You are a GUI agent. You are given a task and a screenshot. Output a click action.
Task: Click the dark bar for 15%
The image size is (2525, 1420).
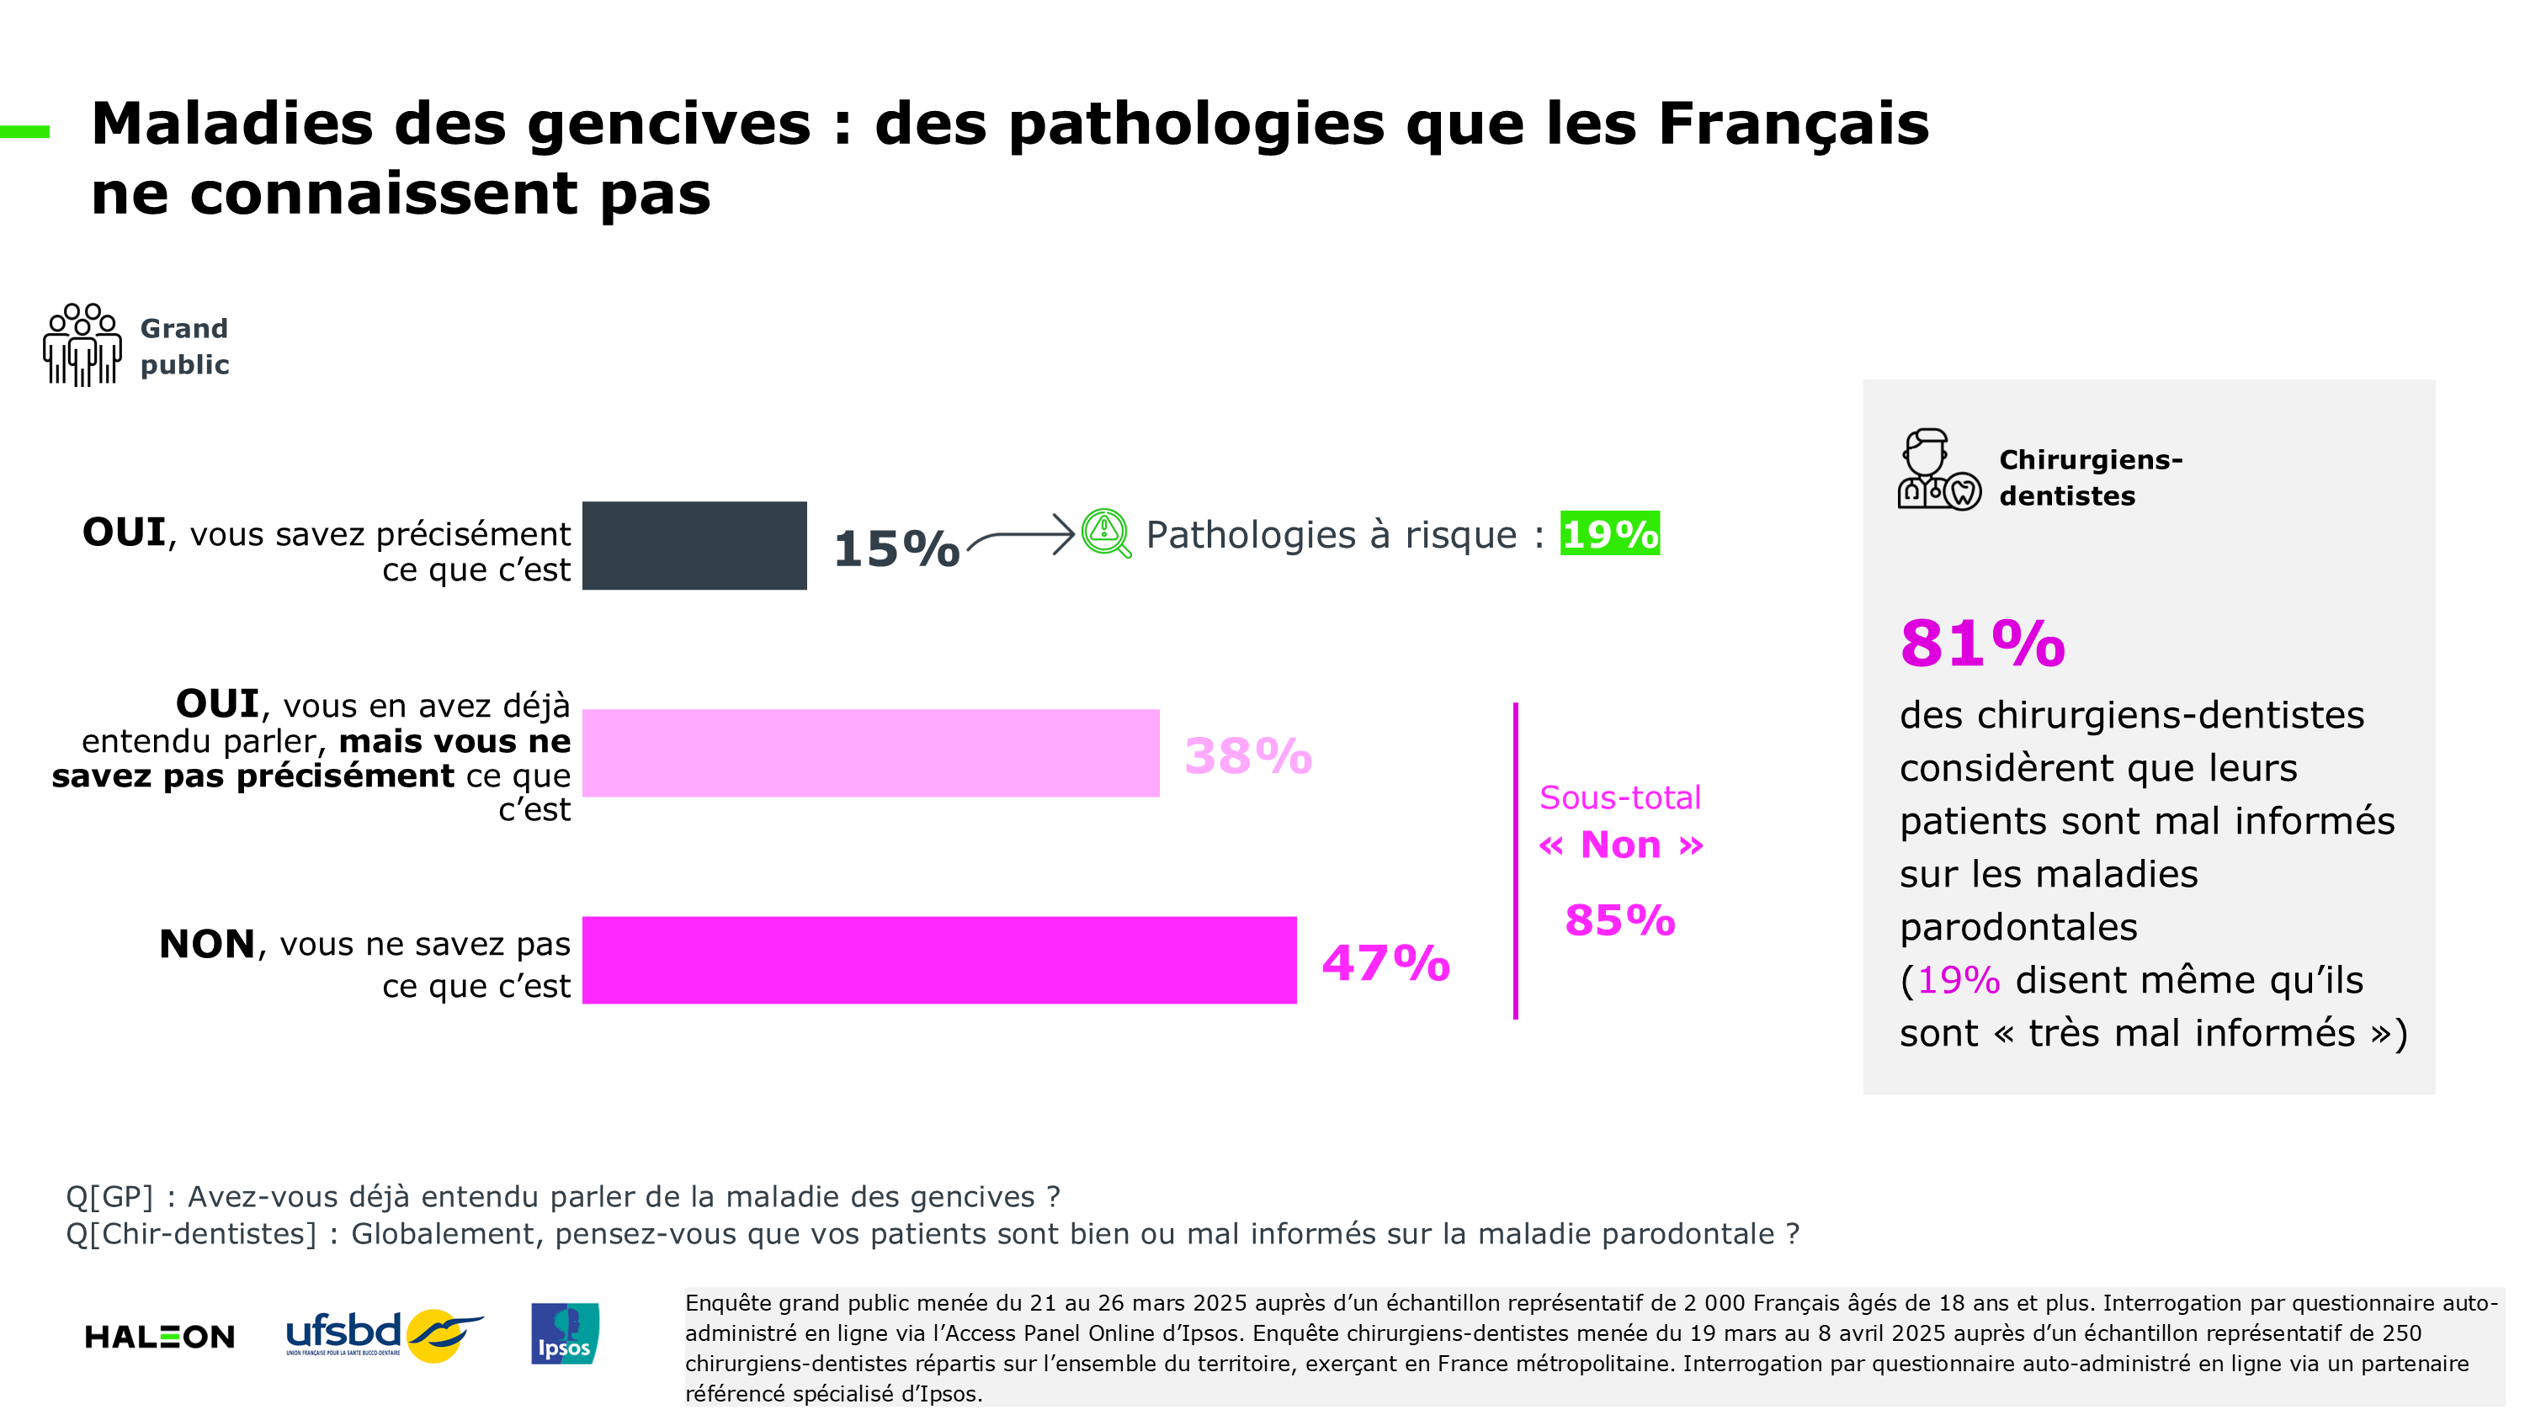pyautogui.click(x=694, y=546)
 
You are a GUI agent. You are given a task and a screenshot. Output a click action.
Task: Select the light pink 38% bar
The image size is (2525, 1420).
pyautogui.click(x=870, y=753)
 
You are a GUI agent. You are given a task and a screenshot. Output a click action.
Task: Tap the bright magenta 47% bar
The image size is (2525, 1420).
pyautogui.click(x=939, y=961)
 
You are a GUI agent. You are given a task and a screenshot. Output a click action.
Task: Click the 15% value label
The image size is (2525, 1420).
pyautogui.click(x=896, y=548)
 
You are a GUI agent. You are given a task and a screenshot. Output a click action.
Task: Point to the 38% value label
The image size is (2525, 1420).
pyautogui.click(x=1247, y=756)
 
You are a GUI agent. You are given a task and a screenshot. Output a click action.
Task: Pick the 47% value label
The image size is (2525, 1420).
pyautogui.click(x=1385, y=963)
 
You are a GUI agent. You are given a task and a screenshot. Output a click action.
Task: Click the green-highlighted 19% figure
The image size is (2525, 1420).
pyautogui.click(x=1609, y=534)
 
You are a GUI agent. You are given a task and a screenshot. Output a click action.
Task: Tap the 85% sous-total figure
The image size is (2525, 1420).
pyautogui.click(x=1619, y=921)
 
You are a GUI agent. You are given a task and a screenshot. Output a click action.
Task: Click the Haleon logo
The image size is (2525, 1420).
pyautogui.click(x=160, y=1337)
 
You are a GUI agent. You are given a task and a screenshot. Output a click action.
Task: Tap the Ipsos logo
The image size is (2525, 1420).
pyautogui.click(x=565, y=1333)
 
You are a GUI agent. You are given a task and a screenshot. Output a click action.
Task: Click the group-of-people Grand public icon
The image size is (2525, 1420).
pyautogui.click(x=82, y=345)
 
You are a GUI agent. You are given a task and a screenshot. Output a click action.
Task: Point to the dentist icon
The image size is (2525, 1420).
pyautogui.click(x=1938, y=469)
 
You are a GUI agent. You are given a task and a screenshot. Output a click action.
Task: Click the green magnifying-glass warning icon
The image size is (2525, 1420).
pyautogui.click(x=1106, y=533)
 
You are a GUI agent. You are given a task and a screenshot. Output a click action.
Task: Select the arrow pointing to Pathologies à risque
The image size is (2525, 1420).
pyautogui.click(x=1022, y=536)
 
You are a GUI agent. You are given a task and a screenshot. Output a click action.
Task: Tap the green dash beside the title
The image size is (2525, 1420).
pyautogui.click(x=24, y=131)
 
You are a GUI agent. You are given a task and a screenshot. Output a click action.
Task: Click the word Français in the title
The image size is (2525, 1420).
pyautogui.click(x=1793, y=125)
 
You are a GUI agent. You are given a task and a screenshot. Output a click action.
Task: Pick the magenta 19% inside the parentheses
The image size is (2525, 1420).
pyautogui.click(x=1958, y=980)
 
